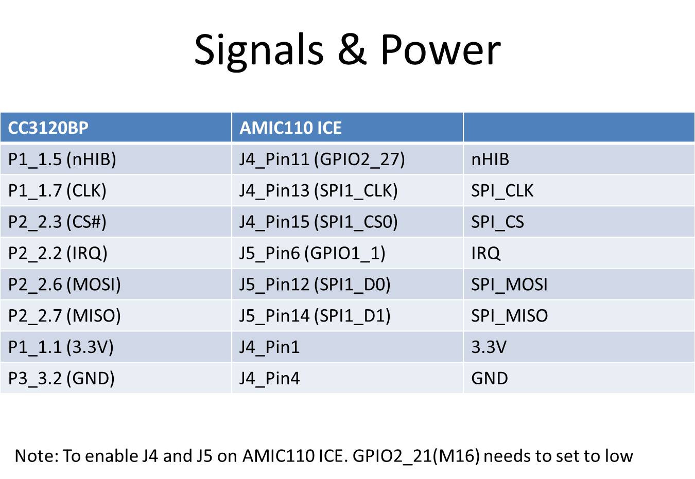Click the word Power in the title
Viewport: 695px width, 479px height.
(x=441, y=49)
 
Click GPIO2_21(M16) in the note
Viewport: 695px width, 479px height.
(x=416, y=456)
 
